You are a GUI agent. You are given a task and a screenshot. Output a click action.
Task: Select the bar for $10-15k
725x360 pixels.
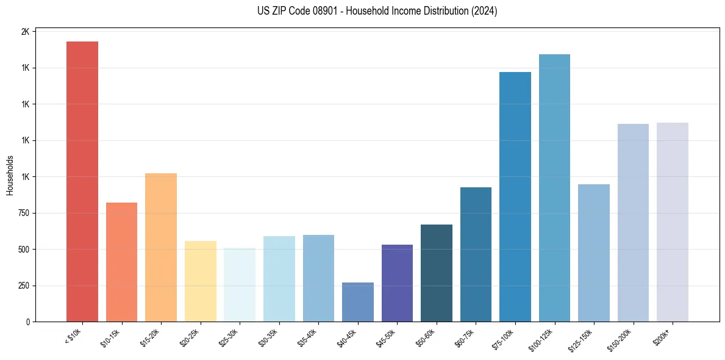(x=121, y=262)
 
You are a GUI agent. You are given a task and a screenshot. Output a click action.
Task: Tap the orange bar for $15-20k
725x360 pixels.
(x=160, y=247)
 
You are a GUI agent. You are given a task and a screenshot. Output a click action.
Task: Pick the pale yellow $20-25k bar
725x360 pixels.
(x=200, y=281)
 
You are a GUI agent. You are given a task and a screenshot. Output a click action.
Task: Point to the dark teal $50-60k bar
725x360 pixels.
(x=436, y=273)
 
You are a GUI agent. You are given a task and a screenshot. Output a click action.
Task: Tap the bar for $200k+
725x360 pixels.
(x=672, y=222)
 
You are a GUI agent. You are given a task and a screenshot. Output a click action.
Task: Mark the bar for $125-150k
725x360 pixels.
(x=593, y=253)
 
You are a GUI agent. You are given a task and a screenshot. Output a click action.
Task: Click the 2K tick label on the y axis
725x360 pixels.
(x=25, y=32)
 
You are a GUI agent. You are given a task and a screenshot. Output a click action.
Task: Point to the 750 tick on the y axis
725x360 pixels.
(x=23, y=213)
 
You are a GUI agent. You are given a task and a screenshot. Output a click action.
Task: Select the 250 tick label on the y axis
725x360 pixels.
(x=23, y=286)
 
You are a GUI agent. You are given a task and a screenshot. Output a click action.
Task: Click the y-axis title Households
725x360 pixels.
(x=10, y=175)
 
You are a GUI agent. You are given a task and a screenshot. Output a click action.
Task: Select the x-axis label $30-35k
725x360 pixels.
(x=268, y=338)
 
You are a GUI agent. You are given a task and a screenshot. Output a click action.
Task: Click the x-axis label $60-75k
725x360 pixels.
(x=465, y=338)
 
